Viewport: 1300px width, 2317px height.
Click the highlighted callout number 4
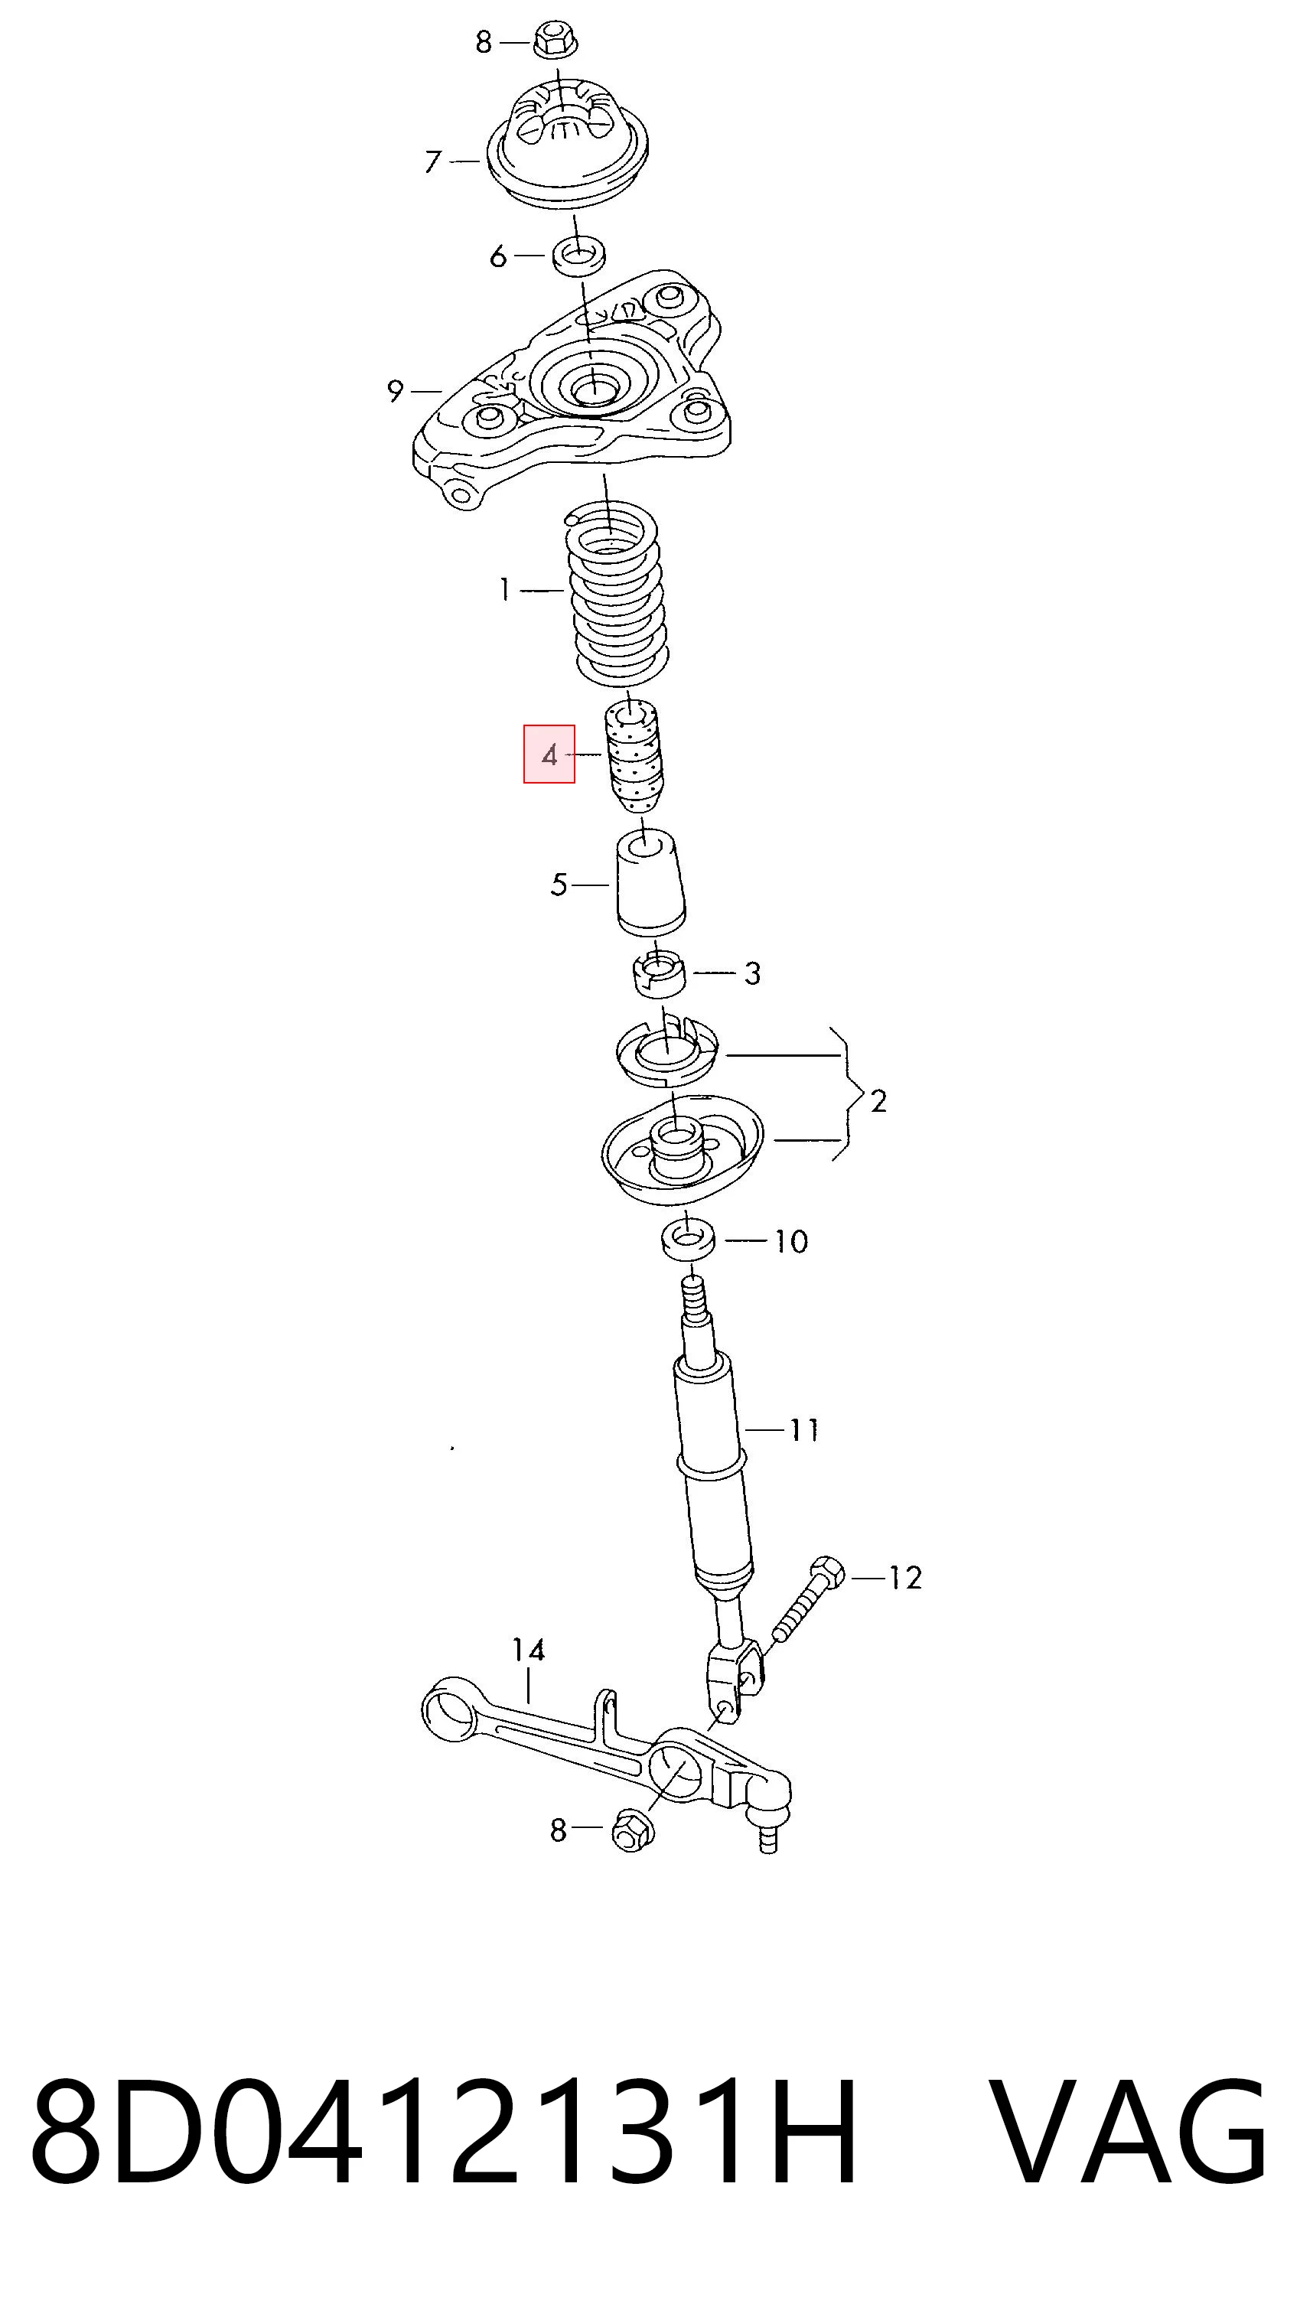549,755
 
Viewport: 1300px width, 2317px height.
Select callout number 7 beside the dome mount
433,162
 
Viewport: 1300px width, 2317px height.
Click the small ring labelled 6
578,256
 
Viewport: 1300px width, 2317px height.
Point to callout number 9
396,391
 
